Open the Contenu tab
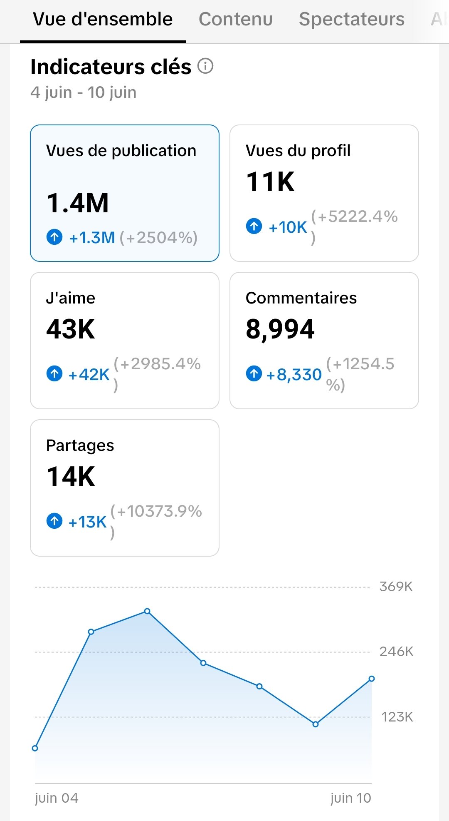click(x=235, y=19)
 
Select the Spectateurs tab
click(x=351, y=19)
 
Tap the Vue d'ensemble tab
click(x=103, y=19)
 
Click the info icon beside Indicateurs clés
click(x=205, y=66)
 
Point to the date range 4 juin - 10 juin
click(x=83, y=92)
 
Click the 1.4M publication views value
click(x=78, y=203)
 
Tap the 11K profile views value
click(x=270, y=182)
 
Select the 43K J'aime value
click(x=71, y=329)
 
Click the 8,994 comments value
click(x=280, y=329)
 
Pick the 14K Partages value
click(x=71, y=477)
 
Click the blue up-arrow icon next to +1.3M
click(x=54, y=237)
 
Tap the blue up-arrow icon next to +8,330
click(x=254, y=373)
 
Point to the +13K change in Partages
click(x=88, y=522)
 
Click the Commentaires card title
click(x=301, y=298)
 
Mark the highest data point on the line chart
click(x=147, y=611)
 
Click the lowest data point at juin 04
click(x=35, y=748)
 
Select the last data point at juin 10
click(x=372, y=679)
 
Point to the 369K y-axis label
click(x=396, y=587)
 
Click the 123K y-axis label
click(x=397, y=717)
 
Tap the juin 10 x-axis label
click(x=350, y=798)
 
